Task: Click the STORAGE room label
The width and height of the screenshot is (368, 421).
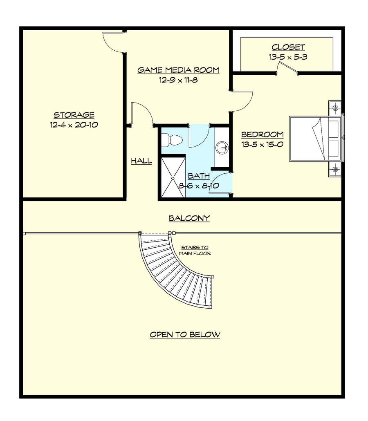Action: click(x=74, y=115)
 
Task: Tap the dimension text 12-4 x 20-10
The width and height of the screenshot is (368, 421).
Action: click(x=74, y=125)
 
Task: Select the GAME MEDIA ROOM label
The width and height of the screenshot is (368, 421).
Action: click(x=178, y=70)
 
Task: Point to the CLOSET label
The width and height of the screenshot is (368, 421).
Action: click(x=288, y=47)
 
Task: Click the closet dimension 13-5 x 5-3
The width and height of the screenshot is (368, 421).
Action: click(x=288, y=57)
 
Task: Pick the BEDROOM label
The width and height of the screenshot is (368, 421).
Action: click(x=263, y=134)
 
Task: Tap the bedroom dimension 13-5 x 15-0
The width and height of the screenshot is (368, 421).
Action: click(x=263, y=144)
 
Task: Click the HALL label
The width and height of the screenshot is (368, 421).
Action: click(x=141, y=161)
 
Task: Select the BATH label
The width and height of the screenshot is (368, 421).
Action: click(x=199, y=176)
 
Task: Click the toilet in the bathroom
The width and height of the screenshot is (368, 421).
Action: click(x=172, y=140)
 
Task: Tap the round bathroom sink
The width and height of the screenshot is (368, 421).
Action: click(x=222, y=148)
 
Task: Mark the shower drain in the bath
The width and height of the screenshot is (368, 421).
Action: click(x=173, y=178)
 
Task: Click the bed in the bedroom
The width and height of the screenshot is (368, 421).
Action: click(x=315, y=139)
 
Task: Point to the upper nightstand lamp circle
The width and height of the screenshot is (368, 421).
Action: click(x=335, y=108)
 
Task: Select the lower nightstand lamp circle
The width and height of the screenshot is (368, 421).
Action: click(x=335, y=169)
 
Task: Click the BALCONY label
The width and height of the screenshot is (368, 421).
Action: click(x=189, y=218)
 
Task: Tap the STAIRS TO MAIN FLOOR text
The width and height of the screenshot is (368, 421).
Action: click(x=195, y=250)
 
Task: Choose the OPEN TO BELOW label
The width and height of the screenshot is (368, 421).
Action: click(x=185, y=334)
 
